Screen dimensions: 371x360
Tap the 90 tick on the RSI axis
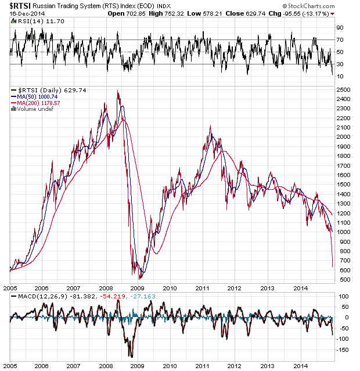point(340,27)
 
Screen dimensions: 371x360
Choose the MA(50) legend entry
point(27,97)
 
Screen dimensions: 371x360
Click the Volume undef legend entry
point(29,109)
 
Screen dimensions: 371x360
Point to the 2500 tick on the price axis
point(343,90)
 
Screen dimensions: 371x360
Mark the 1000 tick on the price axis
point(343,232)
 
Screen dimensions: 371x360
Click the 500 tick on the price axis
point(342,280)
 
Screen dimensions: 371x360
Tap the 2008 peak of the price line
point(118,91)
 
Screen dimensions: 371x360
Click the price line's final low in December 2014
point(333,267)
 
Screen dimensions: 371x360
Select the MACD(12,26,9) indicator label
point(30,297)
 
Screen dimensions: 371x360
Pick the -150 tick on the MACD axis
point(343,350)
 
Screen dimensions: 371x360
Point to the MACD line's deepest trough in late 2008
point(131,356)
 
